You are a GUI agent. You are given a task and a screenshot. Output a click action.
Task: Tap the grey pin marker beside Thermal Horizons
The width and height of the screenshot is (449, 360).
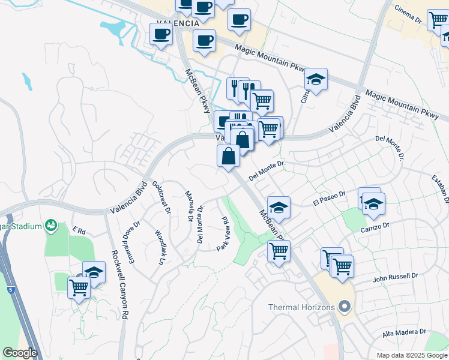pos(344,307)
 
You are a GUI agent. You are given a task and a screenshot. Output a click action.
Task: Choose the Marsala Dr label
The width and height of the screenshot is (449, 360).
pos(189,204)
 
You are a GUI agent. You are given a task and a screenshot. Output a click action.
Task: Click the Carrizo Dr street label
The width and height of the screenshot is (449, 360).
pos(375,227)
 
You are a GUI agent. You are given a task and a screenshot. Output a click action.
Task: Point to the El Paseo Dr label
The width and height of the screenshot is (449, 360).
pos(330,199)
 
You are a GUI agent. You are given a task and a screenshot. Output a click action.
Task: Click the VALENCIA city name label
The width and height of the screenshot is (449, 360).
pos(178,23)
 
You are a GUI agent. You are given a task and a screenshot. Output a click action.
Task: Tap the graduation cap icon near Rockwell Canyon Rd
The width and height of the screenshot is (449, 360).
pos(94,272)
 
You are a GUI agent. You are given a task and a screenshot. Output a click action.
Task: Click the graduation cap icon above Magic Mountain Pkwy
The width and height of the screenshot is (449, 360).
pos(316,79)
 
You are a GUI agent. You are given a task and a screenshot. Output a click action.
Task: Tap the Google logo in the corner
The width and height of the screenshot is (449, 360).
pos(20,353)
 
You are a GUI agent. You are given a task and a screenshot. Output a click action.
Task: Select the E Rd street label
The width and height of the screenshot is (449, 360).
pos(79,230)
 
